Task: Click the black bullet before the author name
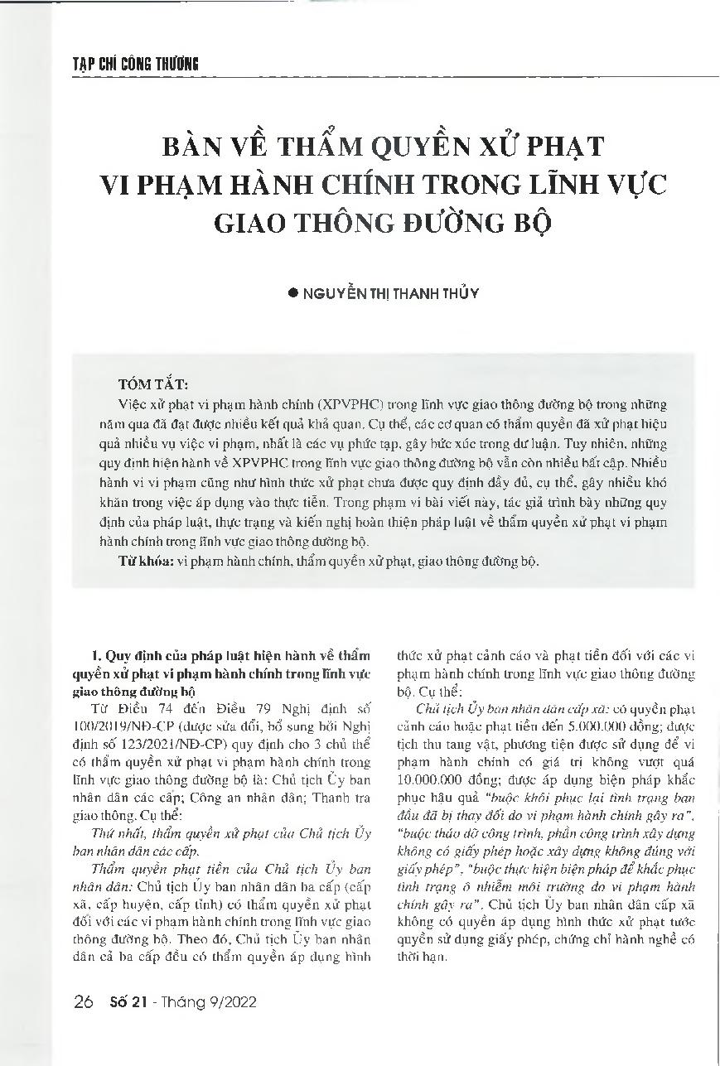tap(291, 293)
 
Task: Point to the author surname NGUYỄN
tap(333, 293)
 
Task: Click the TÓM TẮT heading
tap(153, 384)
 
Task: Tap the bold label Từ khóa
tap(142, 561)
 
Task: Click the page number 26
tap(83, 1003)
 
